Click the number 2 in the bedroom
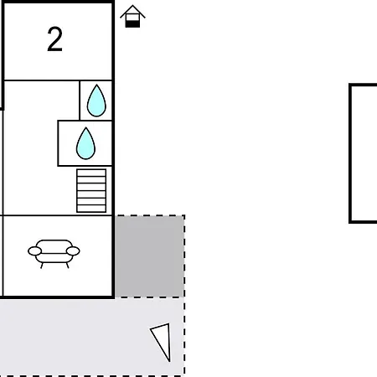click(54, 39)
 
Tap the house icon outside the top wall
click(132, 16)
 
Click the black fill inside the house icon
click(132, 24)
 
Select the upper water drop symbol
click(96, 101)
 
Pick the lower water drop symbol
click(85, 143)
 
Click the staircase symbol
click(91, 191)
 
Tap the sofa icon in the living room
click(54, 254)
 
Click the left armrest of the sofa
click(34, 251)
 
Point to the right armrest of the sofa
click(73, 251)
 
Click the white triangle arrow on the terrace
click(163, 341)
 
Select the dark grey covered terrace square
click(149, 256)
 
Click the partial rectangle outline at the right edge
click(350, 153)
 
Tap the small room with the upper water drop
click(96, 101)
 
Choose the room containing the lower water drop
click(85, 143)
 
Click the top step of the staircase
click(91, 173)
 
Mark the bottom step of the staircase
click(91, 209)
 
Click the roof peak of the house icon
click(132, 5)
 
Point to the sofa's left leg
click(42, 266)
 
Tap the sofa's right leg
click(67, 266)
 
